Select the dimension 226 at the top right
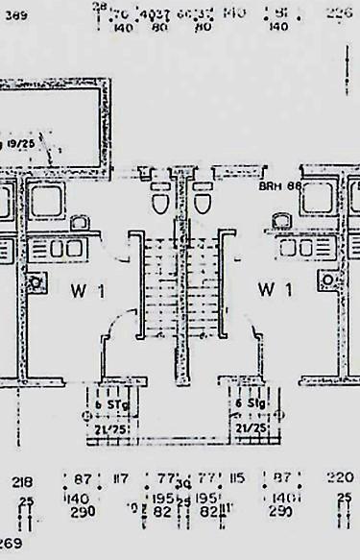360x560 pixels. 340,12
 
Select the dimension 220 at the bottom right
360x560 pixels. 340,476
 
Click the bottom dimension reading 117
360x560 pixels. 121,477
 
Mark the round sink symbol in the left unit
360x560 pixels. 36,281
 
